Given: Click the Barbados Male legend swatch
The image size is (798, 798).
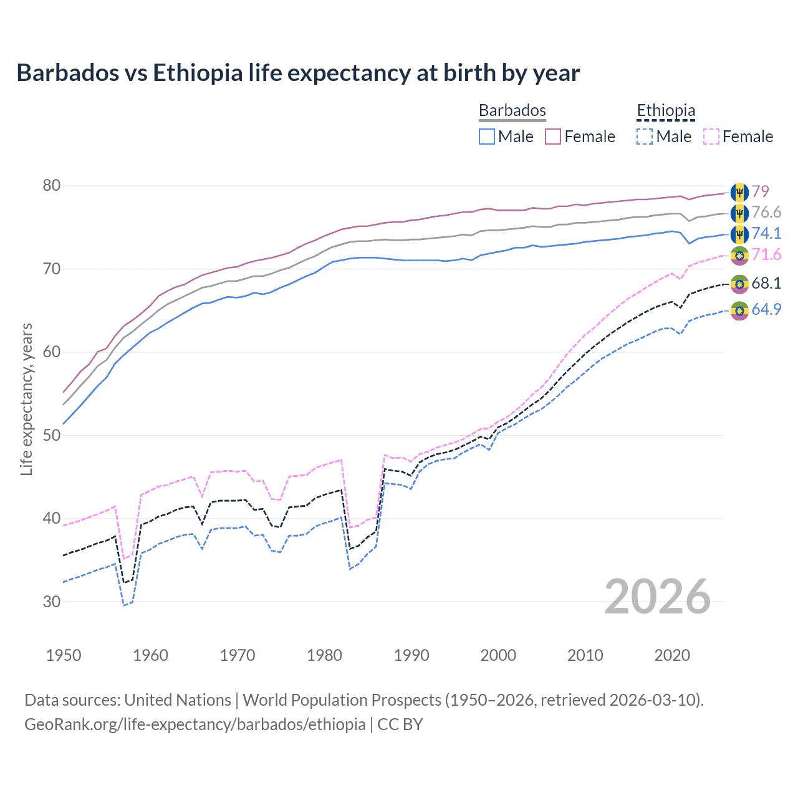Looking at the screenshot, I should pyautogui.click(x=487, y=137).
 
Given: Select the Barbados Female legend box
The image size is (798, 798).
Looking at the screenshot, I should pyautogui.click(x=553, y=137).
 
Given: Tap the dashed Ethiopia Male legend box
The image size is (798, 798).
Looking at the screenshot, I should pyautogui.click(x=645, y=137).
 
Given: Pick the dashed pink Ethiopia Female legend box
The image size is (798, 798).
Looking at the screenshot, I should pyautogui.click(x=711, y=137).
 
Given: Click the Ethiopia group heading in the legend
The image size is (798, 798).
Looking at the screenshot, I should pyautogui.click(x=665, y=111).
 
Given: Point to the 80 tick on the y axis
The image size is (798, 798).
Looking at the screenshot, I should pyautogui.click(x=52, y=186).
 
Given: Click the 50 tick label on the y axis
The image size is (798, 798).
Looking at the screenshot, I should pyautogui.click(x=52, y=435).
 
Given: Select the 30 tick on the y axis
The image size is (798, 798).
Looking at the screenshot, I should pyautogui.click(x=52, y=602).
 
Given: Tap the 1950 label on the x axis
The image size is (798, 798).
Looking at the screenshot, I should pyautogui.click(x=64, y=655).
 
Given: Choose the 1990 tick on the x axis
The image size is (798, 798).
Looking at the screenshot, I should pyautogui.click(x=411, y=655).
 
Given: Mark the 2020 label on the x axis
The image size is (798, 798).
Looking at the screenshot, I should pyautogui.click(x=672, y=655).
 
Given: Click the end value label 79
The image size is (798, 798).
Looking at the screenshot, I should pyautogui.click(x=760, y=191).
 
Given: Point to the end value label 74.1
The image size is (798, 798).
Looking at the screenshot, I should pyautogui.click(x=766, y=233).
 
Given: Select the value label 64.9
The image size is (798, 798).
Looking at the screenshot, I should pyautogui.click(x=766, y=309).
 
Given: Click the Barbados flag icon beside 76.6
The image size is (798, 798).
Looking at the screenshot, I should pyautogui.click(x=739, y=213).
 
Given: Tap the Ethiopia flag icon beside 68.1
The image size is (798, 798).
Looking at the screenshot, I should pyautogui.click(x=739, y=284).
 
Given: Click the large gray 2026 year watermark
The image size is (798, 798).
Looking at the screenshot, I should pyautogui.click(x=658, y=597).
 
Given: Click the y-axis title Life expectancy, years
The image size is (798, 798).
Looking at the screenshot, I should pyautogui.click(x=26, y=399).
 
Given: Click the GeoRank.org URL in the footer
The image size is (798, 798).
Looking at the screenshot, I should pyautogui.click(x=195, y=724).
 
